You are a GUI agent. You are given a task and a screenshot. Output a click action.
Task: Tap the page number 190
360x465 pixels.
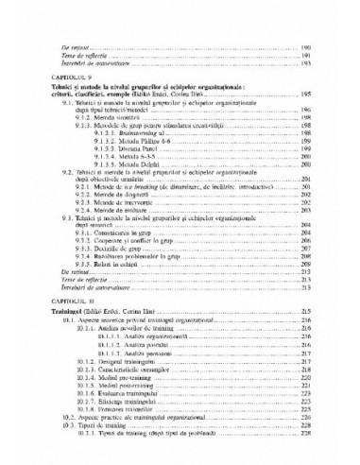(304, 45)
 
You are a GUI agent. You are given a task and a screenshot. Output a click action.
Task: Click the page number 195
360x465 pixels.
(304, 95)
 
